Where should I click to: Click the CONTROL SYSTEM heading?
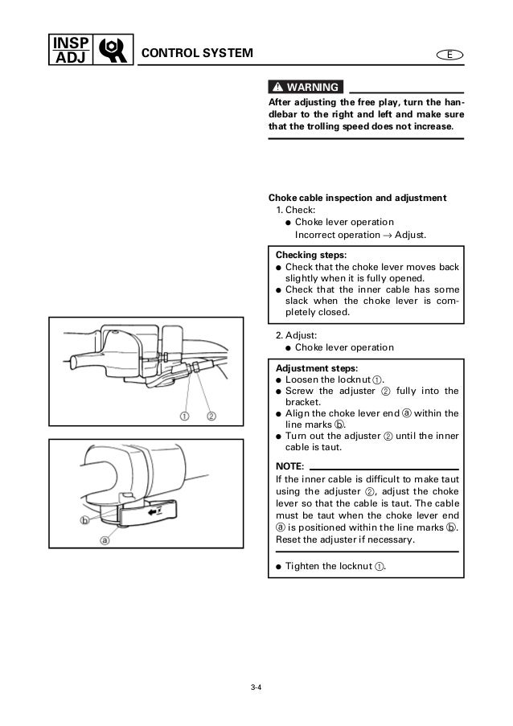click(197, 54)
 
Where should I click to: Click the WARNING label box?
click(305, 87)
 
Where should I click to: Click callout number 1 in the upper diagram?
click(184, 416)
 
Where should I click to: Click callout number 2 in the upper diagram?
click(211, 416)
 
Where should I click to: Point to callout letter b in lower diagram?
click(84, 520)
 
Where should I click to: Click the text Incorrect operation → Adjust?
click(360, 235)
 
